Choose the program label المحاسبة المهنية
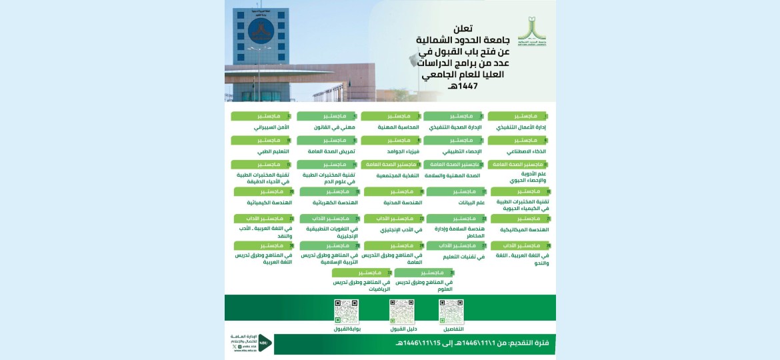pyautogui.click(x=397, y=127)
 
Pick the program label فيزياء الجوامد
pyautogui.click(x=404, y=151)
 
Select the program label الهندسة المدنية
pyautogui.click(x=403, y=202)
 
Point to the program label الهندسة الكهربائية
pyautogui.click(x=339, y=202)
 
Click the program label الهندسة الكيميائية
pyautogui.click(x=267, y=202)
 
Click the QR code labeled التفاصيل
pyautogui.click(x=451, y=312)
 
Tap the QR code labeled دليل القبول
pyautogui.click(x=402, y=312)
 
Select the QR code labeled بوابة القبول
pyautogui.click(x=346, y=312)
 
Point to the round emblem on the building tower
pyautogui.click(x=261, y=31)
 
